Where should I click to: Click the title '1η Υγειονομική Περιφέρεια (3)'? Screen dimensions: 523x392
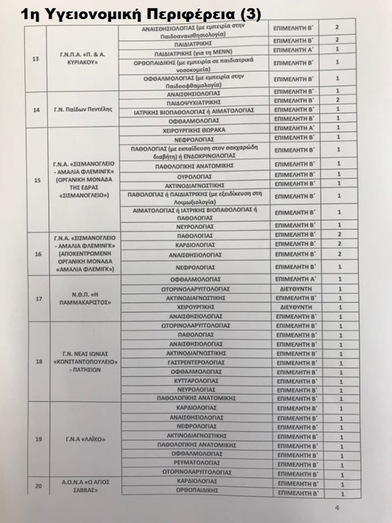pyautogui.click(x=140, y=15)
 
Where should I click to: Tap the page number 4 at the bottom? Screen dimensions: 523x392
pyautogui.click(x=337, y=508)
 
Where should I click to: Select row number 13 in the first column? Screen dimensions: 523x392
pyautogui.click(x=35, y=59)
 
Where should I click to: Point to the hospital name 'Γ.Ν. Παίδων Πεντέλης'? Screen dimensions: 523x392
pyautogui.click(x=83, y=109)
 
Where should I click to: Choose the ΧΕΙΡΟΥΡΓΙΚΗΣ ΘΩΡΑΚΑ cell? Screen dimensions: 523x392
pyautogui.click(x=194, y=130)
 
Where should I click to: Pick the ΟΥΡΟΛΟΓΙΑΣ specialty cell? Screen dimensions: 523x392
pyautogui.click(x=195, y=177)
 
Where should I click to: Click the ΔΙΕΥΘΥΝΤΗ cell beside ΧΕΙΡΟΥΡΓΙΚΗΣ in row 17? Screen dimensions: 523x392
pyautogui.click(x=296, y=307)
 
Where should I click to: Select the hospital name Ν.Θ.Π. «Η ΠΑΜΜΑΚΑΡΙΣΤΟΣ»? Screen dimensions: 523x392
pyautogui.click(x=85, y=298)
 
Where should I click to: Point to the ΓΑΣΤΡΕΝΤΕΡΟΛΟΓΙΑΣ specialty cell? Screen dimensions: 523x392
pyautogui.click(x=196, y=363)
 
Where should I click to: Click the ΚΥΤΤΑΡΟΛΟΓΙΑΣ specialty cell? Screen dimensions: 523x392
pyautogui.click(x=196, y=381)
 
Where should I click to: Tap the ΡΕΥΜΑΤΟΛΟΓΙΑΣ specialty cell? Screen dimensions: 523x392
pyautogui.click(x=197, y=463)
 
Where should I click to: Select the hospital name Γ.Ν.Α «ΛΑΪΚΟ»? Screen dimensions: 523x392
pyautogui.click(x=86, y=439)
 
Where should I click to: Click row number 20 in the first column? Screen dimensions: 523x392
pyautogui.click(x=38, y=486)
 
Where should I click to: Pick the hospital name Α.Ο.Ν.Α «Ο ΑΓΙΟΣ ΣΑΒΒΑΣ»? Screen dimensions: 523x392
pyautogui.click(x=86, y=486)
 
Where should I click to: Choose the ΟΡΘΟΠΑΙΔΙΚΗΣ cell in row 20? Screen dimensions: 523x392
pyautogui.click(x=197, y=490)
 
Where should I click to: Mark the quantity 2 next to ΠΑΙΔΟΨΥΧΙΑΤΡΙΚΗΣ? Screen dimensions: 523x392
pyautogui.click(x=338, y=100)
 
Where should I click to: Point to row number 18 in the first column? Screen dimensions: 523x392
pyautogui.click(x=39, y=362)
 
